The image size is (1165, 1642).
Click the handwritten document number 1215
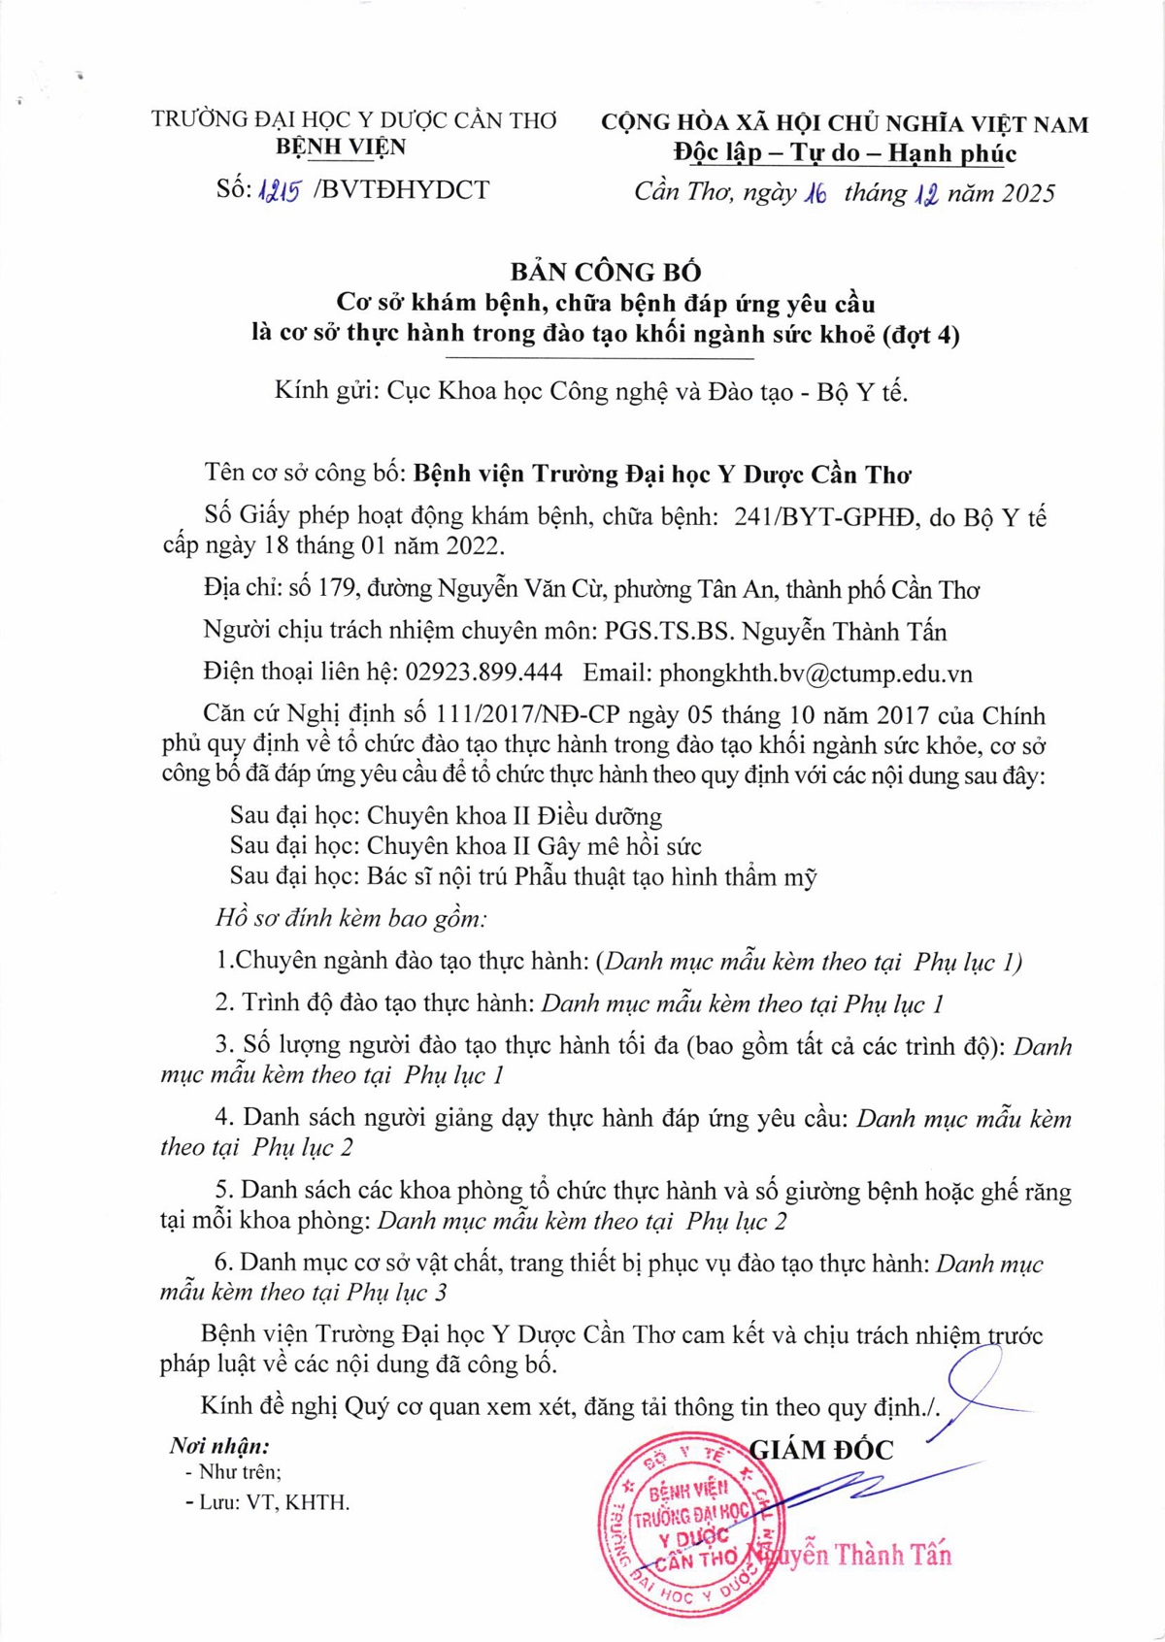[x=280, y=191]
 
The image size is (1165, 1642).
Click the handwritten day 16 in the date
[x=815, y=193]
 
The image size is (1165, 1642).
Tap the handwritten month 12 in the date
[x=925, y=193]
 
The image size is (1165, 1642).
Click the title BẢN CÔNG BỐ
[x=605, y=272]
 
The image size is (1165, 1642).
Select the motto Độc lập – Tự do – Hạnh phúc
[x=845, y=153]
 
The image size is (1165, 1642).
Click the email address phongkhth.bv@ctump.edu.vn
[x=815, y=673]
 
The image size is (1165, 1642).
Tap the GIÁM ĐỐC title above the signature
[x=821, y=1450]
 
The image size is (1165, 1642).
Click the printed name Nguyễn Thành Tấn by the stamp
[x=859, y=1555]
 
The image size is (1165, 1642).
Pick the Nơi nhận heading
[x=219, y=1446]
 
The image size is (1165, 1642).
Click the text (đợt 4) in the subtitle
[x=921, y=335]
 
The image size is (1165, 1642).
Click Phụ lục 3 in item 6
[x=397, y=1293]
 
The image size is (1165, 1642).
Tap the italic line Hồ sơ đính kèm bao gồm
[x=351, y=918]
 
